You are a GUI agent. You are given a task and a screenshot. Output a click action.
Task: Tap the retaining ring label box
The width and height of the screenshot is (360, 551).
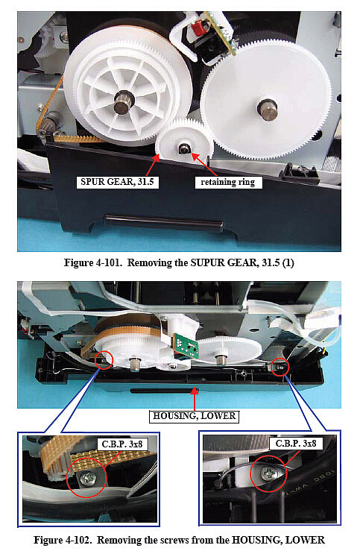pyautogui.click(x=227, y=181)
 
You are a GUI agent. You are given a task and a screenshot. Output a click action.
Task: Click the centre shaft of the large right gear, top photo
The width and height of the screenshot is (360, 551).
pyautogui.click(x=266, y=107)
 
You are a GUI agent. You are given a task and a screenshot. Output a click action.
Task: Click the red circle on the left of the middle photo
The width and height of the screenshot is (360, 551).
pyautogui.click(x=103, y=361)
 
